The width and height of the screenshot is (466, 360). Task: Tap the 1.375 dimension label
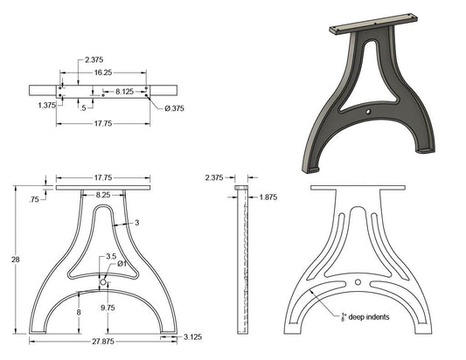[x=47, y=104]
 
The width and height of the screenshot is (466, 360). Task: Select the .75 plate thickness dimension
[x=34, y=199]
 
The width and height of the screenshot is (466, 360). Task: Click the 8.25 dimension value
[x=103, y=197]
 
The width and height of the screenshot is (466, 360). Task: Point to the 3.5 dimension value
[x=110, y=257]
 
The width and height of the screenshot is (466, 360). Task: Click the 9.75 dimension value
[x=108, y=308]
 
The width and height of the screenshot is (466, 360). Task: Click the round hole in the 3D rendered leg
[x=368, y=113]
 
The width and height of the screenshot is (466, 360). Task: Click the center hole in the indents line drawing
[x=358, y=281]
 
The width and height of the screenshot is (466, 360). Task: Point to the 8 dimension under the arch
[x=79, y=311]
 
